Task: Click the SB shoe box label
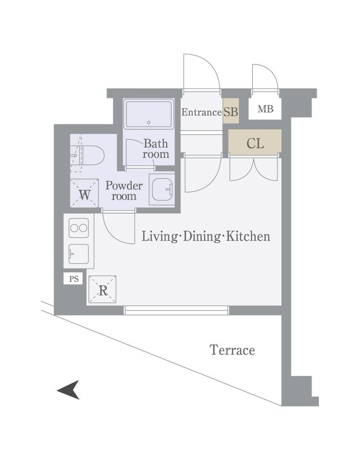231,112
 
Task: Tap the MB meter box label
265,109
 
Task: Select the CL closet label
255,143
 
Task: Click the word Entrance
201,112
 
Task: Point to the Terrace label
232,350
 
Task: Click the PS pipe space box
74,278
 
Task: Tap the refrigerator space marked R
102,290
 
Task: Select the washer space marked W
84,192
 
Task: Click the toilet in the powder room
88,156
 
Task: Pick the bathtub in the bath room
148,114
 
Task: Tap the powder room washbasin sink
162,190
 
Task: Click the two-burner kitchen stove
79,228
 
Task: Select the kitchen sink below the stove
78,254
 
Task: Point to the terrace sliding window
176,310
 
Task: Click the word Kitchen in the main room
248,236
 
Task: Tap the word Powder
124,186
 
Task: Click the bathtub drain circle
148,123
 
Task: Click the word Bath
156,143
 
